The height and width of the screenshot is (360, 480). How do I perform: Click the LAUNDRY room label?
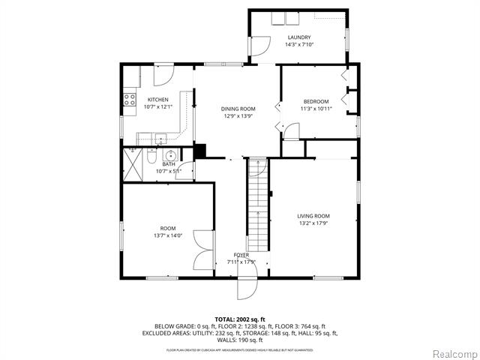click(298, 37)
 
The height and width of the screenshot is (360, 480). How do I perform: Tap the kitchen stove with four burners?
click(128, 97)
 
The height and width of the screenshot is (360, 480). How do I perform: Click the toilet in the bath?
click(151, 157)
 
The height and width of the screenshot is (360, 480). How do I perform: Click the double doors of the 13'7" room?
click(202, 250)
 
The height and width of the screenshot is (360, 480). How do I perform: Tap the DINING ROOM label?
click(238, 109)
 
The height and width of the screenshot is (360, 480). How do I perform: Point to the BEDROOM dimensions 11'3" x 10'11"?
click(316, 109)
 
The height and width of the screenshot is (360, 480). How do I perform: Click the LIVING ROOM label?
click(313, 216)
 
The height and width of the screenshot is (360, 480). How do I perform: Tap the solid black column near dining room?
click(199, 151)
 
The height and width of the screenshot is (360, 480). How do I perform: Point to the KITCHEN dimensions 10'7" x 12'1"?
click(157, 106)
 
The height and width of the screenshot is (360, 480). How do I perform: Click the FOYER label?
click(241, 255)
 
